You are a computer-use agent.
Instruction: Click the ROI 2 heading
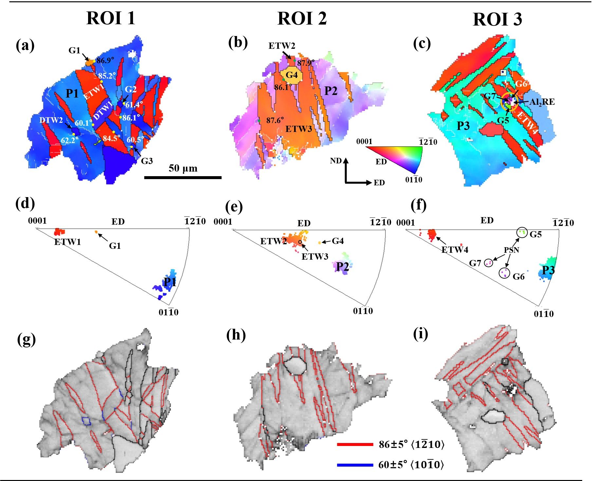[x=302, y=18]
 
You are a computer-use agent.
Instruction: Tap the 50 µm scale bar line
[x=183, y=177]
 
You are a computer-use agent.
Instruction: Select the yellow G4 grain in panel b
[x=291, y=75]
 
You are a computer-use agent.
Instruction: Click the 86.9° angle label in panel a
[x=105, y=60]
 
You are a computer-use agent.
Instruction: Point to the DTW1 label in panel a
[x=102, y=111]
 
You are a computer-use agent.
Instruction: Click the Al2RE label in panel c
[x=542, y=102]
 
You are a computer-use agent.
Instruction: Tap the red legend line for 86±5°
[x=355, y=444]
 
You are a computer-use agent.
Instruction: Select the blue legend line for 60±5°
[x=355, y=465]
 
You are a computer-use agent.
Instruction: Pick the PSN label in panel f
[x=511, y=250]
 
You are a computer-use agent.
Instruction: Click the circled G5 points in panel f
[x=522, y=232]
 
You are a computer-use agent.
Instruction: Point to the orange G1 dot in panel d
[x=96, y=232]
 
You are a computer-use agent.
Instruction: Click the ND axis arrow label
[x=336, y=160]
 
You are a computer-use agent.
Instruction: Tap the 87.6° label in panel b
[x=275, y=120]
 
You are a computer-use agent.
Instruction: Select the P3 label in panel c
[x=463, y=125]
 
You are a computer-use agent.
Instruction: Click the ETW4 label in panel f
[x=454, y=250]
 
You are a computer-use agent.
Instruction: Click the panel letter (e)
[x=234, y=207]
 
